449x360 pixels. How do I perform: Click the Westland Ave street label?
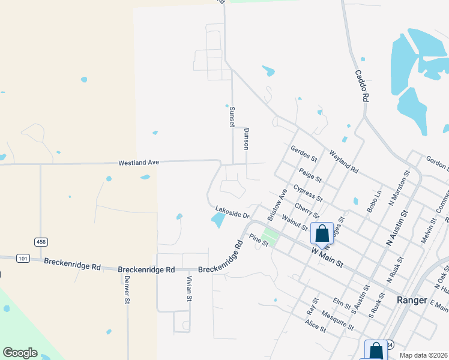138,163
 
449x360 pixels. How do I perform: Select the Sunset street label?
232,116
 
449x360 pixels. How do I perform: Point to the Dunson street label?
246,139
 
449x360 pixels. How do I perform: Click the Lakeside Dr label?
232,214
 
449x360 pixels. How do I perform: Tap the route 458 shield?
41,241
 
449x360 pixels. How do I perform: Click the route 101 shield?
23,259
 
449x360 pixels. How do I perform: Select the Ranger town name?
412,300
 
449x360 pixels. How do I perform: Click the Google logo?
20,353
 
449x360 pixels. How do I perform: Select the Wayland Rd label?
343,162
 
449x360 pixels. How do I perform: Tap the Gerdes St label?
303,154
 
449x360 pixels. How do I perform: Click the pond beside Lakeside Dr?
218,221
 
